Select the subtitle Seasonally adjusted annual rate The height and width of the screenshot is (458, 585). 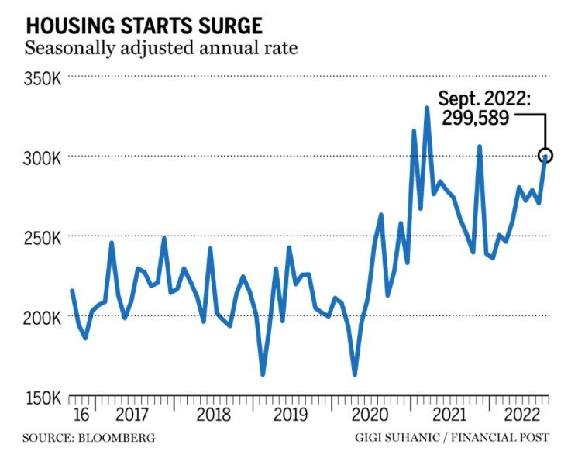(161, 49)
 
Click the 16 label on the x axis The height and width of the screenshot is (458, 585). (80, 413)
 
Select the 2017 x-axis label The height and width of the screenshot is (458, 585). (131, 413)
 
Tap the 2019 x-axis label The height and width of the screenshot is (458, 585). (291, 413)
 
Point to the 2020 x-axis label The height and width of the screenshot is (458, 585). (371, 413)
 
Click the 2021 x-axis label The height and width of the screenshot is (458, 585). (450, 413)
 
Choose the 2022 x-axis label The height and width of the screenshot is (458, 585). (518, 413)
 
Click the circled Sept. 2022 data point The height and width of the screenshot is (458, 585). (545, 155)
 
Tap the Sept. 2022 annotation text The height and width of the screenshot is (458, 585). (484, 98)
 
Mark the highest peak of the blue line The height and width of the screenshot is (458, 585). (427, 108)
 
